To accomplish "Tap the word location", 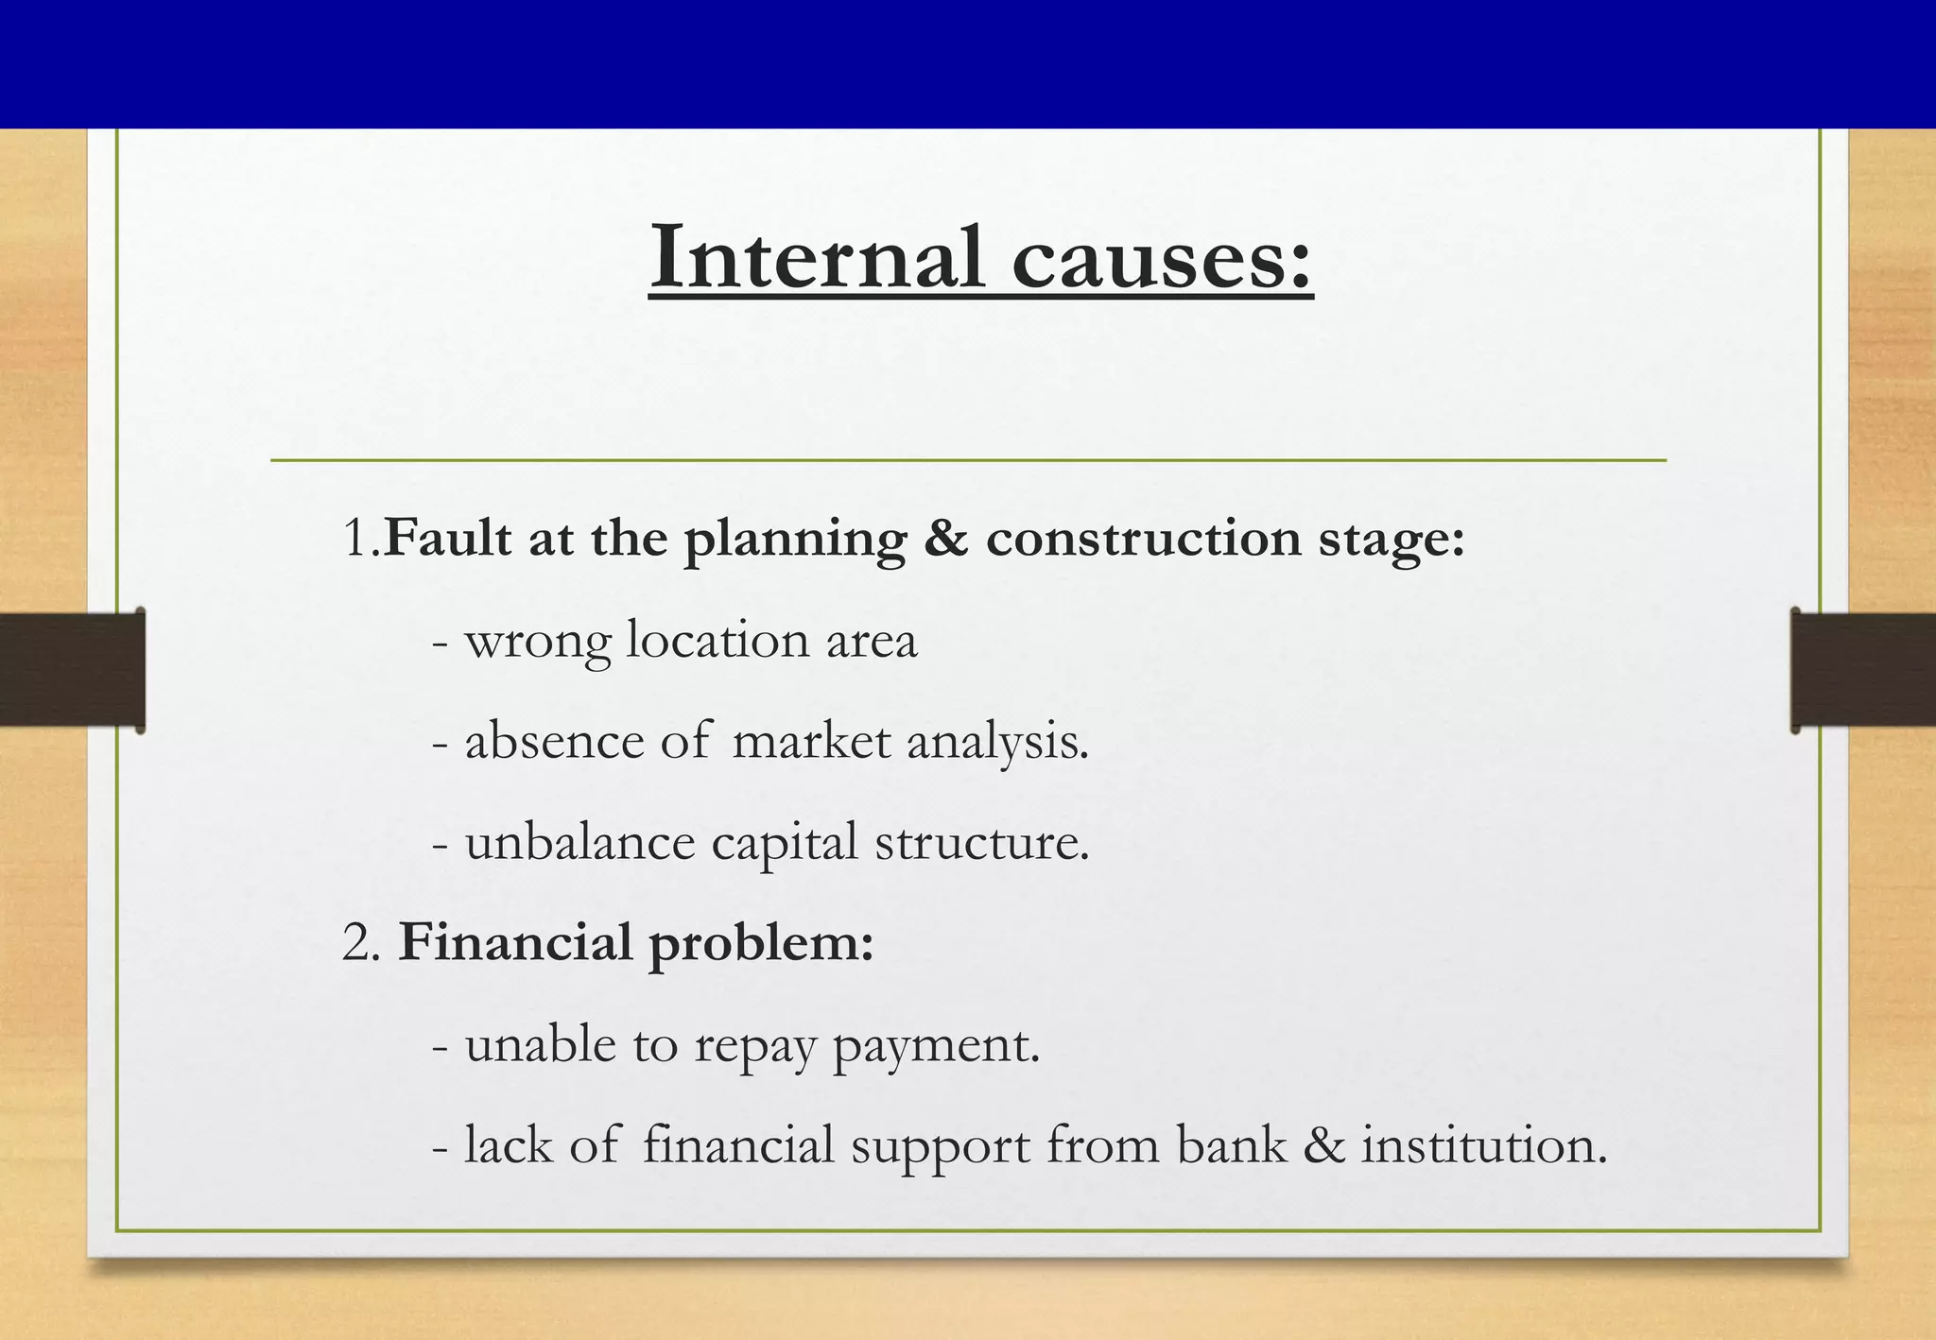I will (718, 641).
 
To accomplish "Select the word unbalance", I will (579, 842).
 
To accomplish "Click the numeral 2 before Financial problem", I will (355, 944).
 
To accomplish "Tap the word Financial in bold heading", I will (514, 943).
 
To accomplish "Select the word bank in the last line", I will (1231, 1145).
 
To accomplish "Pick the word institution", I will (1483, 1145).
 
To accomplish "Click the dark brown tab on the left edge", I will (72, 669).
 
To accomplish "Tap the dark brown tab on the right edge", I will (1863, 669).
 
